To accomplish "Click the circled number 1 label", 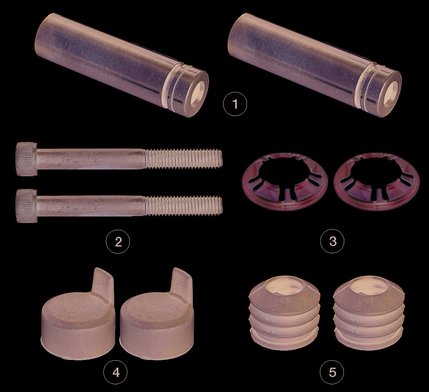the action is tap(235, 104).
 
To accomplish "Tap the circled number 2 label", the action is tap(118, 242).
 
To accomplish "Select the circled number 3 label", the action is tap(332, 241).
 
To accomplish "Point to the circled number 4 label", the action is tap(116, 372).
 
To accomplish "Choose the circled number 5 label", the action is tap(332, 372).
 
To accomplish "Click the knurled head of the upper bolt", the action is tap(26, 159).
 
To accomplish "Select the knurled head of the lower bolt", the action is tap(26, 206).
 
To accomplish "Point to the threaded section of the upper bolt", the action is tap(183, 158).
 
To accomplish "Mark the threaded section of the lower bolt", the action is tap(183, 205).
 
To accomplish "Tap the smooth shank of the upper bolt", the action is tap(90, 159).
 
